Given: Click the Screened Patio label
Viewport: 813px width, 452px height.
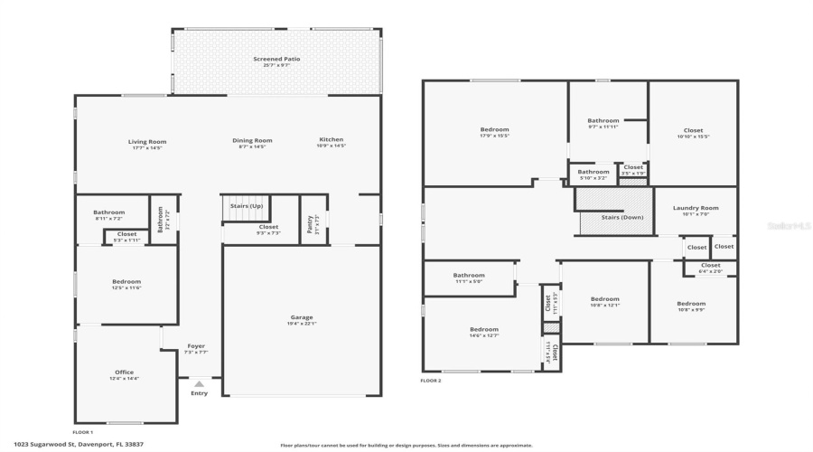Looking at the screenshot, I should [x=276, y=60].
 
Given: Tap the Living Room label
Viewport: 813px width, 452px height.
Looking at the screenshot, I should [x=146, y=141].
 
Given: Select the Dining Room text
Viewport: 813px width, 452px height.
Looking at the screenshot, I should [x=252, y=140].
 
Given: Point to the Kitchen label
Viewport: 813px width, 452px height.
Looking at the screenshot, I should [x=331, y=140].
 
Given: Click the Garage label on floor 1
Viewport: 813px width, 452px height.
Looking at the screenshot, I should [x=301, y=318].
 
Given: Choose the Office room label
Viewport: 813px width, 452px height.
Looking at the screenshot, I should [x=124, y=372].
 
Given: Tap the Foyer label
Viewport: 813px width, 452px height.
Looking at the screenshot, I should [x=196, y=346].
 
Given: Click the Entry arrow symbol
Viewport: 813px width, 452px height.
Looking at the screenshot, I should [x=199, y=383].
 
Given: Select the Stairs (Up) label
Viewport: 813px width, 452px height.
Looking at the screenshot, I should [x=246, y=206].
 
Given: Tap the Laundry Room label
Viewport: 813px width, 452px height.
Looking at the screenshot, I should [x=696, y=208].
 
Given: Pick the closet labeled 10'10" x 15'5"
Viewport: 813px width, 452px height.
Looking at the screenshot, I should [x=693, y=131].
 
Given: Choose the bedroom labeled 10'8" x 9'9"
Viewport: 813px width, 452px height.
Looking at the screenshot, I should [x=691, y=304].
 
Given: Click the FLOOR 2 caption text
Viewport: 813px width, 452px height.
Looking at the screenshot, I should [x=430, y=381].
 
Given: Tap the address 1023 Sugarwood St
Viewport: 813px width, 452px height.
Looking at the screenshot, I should [x=109, y=444].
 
